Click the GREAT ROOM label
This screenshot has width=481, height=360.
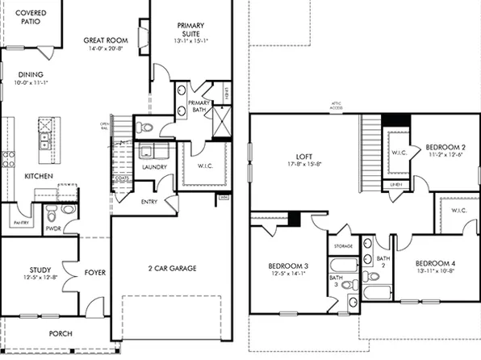(107, 39)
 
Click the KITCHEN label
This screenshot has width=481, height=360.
(39, 175)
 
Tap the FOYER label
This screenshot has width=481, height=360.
(94, 273)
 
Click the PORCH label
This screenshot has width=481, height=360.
(60, 333)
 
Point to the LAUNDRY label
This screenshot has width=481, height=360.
(154, 167)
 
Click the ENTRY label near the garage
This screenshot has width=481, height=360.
(149, 202)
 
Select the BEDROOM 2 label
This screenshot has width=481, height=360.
(445, 147)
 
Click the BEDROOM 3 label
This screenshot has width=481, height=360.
(287, 266)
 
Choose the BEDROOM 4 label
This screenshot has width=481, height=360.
(435, 263)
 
